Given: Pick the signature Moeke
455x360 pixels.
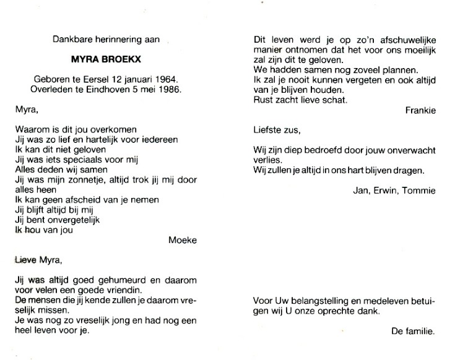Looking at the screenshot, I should pyautogui.click(x=182, y=240).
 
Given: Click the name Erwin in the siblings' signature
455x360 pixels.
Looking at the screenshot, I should pyautogui.click(x=384, y=190).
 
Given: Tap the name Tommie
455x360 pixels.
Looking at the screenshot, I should pyautogui.click(x=420, y=190).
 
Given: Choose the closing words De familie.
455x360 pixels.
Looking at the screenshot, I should pyautogui.click(x=414, y=332).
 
